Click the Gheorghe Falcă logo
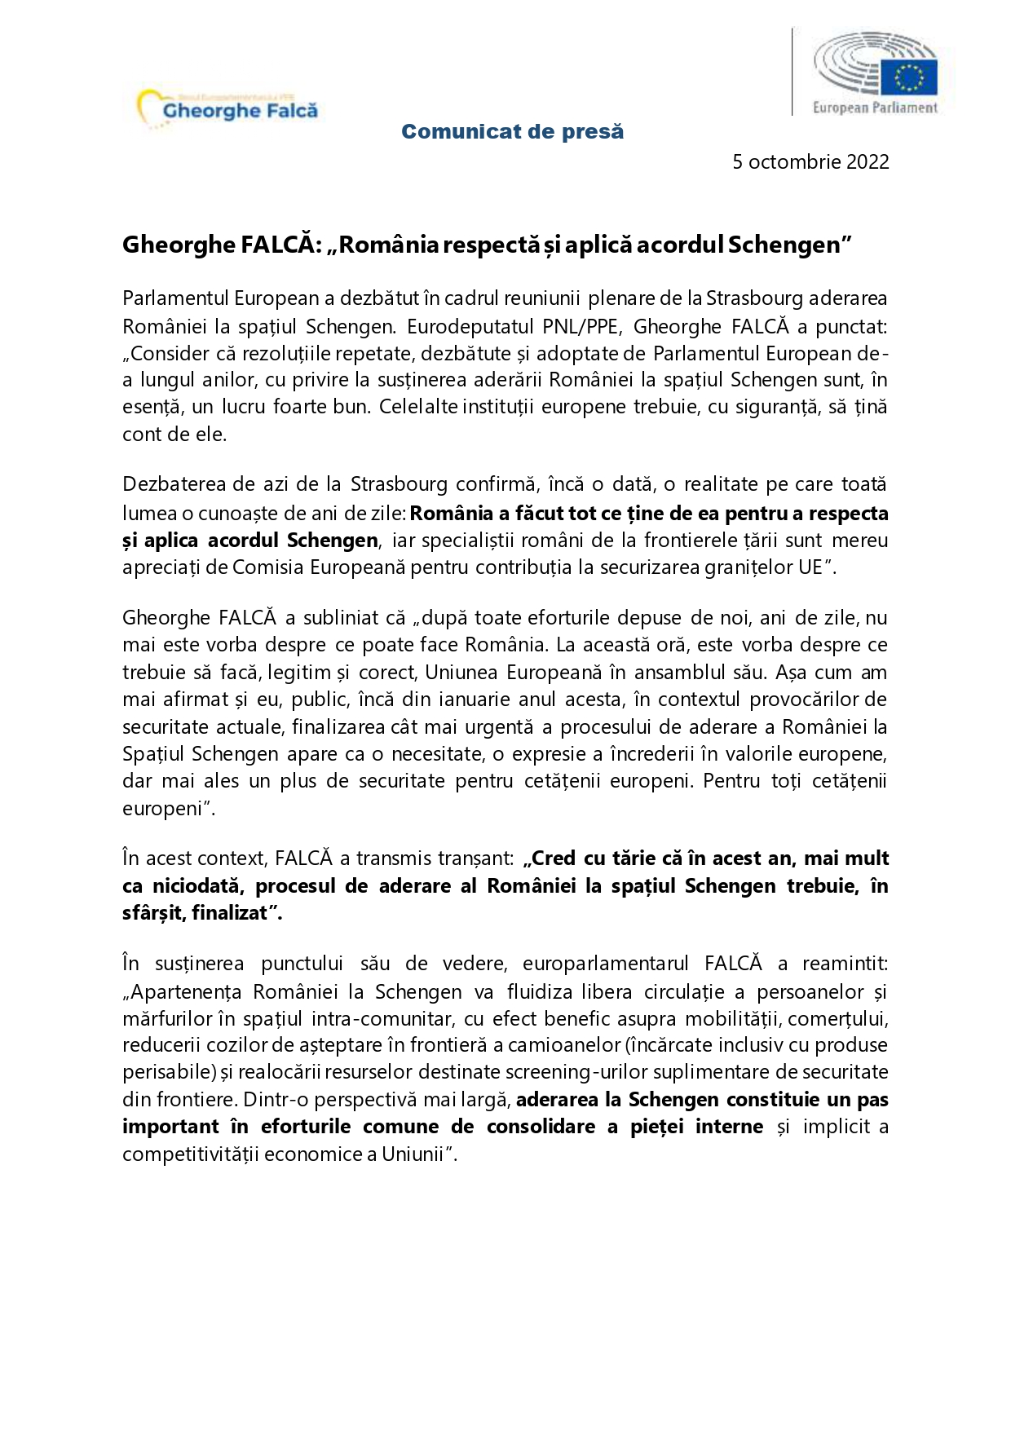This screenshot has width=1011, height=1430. coord(229,108)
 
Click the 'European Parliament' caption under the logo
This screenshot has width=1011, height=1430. coord(875,108)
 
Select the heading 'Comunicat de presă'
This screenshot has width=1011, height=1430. coord(512,131)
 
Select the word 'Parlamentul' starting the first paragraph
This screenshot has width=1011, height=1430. coord(174,298)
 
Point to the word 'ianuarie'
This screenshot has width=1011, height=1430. coord(479,700)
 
